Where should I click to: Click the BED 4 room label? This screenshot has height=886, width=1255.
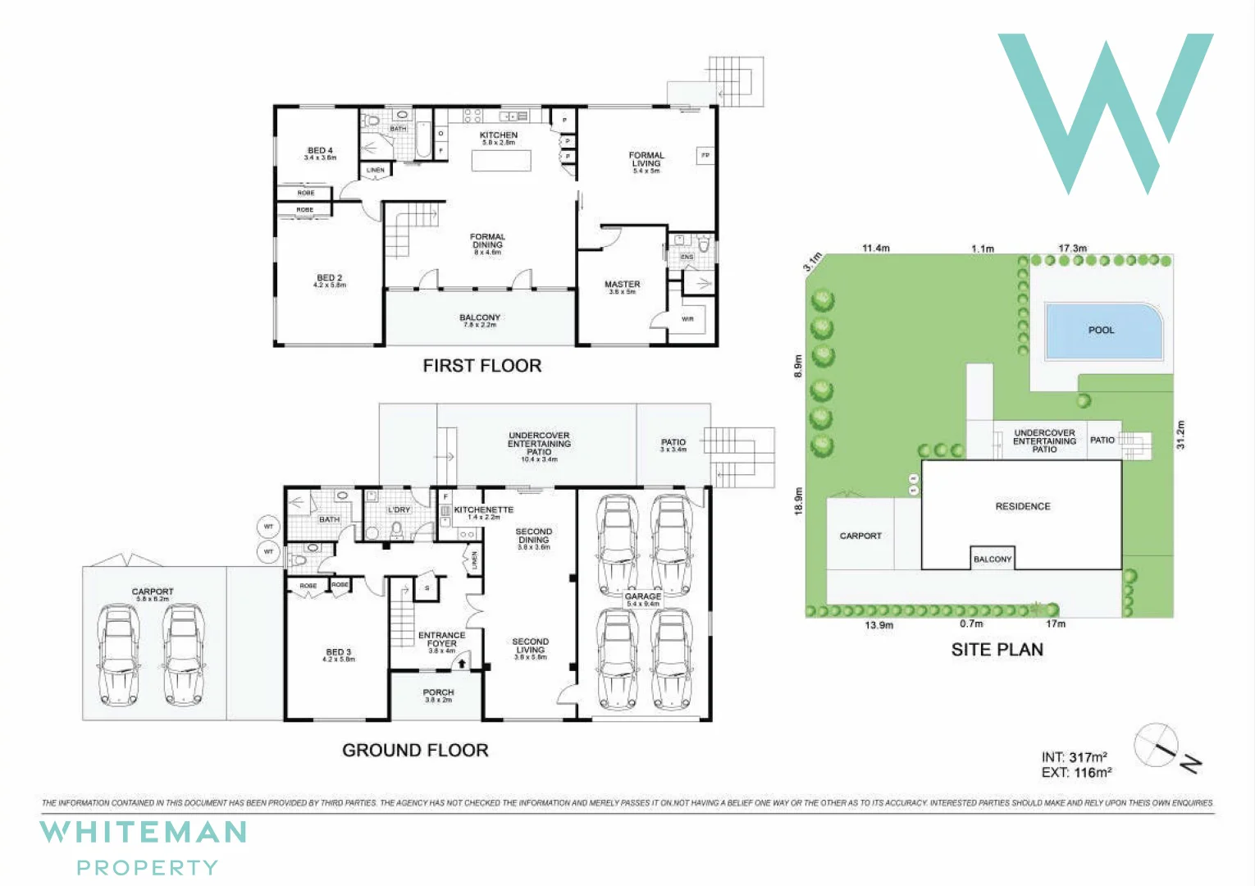320,151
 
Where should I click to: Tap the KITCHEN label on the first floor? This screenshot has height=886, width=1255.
499,135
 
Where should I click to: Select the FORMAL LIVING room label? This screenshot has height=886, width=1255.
646,160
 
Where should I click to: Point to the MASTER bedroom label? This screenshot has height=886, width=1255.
623,285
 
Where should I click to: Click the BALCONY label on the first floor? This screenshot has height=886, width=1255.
480,317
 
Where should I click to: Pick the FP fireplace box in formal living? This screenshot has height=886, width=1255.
705,155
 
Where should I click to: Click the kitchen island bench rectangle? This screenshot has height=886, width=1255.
501,161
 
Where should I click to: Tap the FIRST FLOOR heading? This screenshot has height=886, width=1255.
482,366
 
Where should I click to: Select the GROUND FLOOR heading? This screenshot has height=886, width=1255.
415,750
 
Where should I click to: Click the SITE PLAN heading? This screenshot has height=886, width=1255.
997,650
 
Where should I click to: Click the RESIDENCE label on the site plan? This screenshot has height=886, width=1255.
1023,506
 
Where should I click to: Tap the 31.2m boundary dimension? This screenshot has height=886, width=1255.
1181,434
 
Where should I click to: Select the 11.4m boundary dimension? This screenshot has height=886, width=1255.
876,248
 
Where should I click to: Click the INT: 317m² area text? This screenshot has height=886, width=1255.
1075,757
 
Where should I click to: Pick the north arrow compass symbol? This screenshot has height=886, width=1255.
1158,746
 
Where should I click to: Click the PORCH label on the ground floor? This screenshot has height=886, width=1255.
439,693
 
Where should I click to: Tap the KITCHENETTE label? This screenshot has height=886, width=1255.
484,510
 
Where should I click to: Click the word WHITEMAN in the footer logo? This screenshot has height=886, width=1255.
144,833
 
